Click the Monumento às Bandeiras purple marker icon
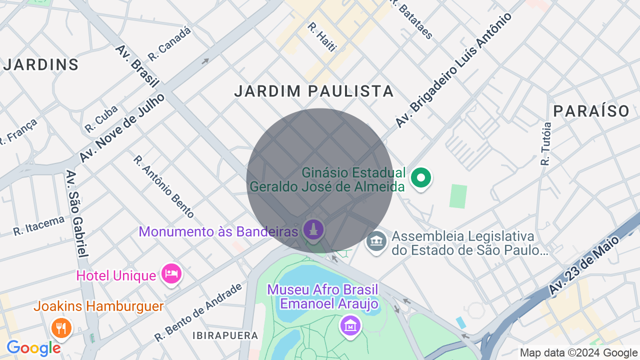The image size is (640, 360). (314, 230)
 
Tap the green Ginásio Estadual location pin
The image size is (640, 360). (421, 178)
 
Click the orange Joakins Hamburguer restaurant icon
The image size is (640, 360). (61, 328)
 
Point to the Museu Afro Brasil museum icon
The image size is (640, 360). (350, 325)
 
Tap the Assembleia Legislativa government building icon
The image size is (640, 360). (376, 242)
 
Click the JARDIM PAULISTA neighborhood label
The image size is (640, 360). (314, 91)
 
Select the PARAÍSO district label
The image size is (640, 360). (591, 111)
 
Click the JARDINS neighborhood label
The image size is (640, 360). (41, 64)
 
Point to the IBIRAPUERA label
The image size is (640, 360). (225, 335)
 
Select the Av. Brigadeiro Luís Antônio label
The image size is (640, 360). (453, 69)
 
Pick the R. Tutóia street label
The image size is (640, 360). (546, 143)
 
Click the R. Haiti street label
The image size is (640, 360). (322, 36)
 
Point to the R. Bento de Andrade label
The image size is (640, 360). (198, 312)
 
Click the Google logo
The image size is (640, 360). (33, 348)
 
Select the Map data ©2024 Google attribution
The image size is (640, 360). (578, 352)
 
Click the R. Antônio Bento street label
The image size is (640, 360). (163, 186)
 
